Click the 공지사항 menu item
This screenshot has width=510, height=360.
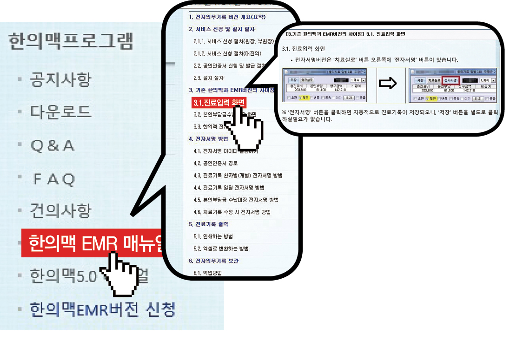pos(60,79)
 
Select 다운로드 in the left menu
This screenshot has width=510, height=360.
pos(60,112)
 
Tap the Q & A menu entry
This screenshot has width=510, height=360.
pos(52,145)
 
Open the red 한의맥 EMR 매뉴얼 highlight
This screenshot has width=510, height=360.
pos(93,243)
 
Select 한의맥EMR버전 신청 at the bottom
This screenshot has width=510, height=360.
pos(102,309)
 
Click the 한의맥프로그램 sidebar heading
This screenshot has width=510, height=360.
pos(70,41)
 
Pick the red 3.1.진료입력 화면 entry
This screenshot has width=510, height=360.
pos(218,103)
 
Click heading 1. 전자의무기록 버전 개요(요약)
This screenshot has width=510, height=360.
pos(227,17)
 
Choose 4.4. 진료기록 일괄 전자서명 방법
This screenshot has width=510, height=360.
pos(229,188)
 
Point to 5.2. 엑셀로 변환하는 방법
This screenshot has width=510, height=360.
pos(221,249)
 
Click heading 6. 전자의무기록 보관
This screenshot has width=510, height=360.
pos(213,261)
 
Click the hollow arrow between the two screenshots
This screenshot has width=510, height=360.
pos(387,84)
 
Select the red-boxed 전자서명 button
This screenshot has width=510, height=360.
pos(450,80)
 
